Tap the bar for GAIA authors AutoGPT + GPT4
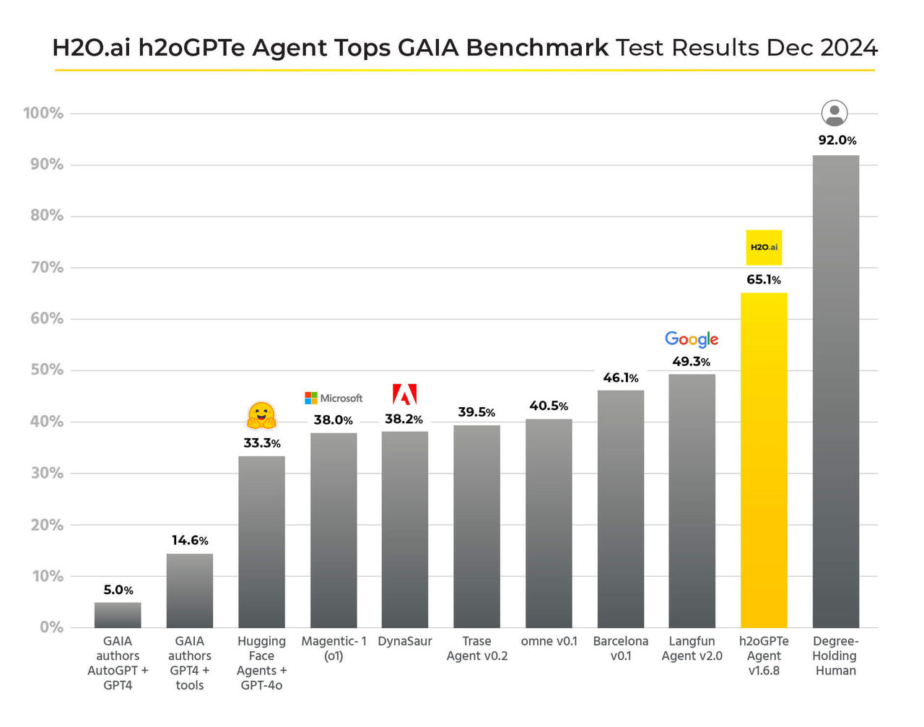pos(118,615)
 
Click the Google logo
pos(692,339)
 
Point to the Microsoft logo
pos(334,398)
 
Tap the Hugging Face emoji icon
pos(261,416)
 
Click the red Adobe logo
pos(405,394)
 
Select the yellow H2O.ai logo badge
pos(764,247)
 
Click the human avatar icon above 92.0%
pos(834,113)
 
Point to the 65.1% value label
pos(764,279)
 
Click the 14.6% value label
pos(190,540)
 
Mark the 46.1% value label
pos(621,378)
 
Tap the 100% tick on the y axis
pos(43,113)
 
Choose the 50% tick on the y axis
pos(47,370)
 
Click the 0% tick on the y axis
pos(51,627)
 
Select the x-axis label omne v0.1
pos(549,641)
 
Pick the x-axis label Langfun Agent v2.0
pos(692,648)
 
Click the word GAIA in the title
pos(429,48)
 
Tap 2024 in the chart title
pos(849,48)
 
